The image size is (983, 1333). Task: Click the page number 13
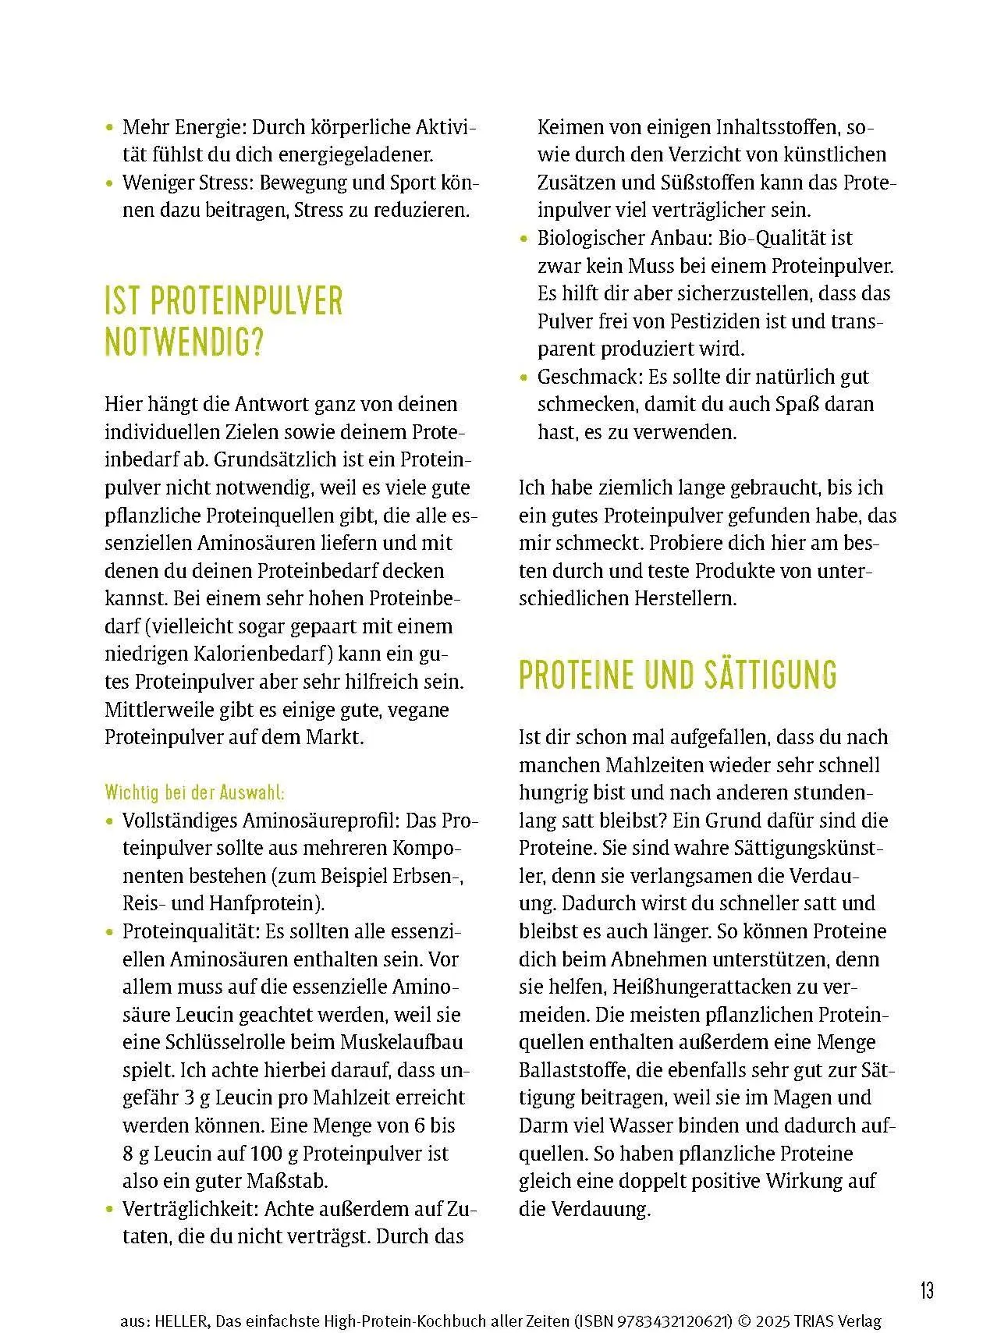(926, 1290)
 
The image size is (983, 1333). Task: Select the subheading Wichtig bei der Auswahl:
(195, 793)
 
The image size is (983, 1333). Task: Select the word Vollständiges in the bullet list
(179, 821)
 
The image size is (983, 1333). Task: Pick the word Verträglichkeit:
(190, 1209)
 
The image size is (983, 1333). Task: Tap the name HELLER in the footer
(181, 1321)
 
